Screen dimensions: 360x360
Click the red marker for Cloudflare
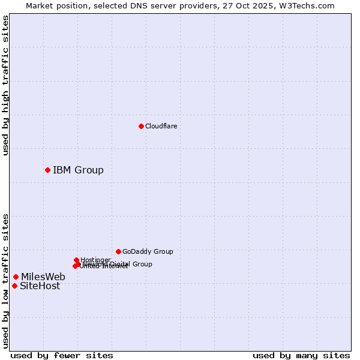tap(141, 126)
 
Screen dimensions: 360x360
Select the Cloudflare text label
tap(161, 126)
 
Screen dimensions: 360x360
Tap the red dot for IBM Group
tap(47, 170)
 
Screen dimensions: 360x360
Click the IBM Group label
tap(78, 170)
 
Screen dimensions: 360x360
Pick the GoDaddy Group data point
tap(118, 251)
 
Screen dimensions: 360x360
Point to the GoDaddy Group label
tap(148, 251)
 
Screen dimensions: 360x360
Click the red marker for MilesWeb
tap(16, 277)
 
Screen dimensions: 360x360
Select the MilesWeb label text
tap(43, 277)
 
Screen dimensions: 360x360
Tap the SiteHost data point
tap(14, 286)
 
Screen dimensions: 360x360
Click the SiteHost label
tap(40, 286)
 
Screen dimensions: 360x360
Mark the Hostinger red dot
tap(76, 260)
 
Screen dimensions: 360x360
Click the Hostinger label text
tap(95, 260)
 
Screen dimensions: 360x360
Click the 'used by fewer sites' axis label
tap(62, 355)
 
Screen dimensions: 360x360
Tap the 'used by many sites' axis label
tap(301, 355)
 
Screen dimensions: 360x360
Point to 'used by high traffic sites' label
tap(5, 85)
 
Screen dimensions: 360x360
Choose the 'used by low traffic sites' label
tap(5, 280)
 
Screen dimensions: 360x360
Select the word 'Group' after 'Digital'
tap(142, 264)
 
